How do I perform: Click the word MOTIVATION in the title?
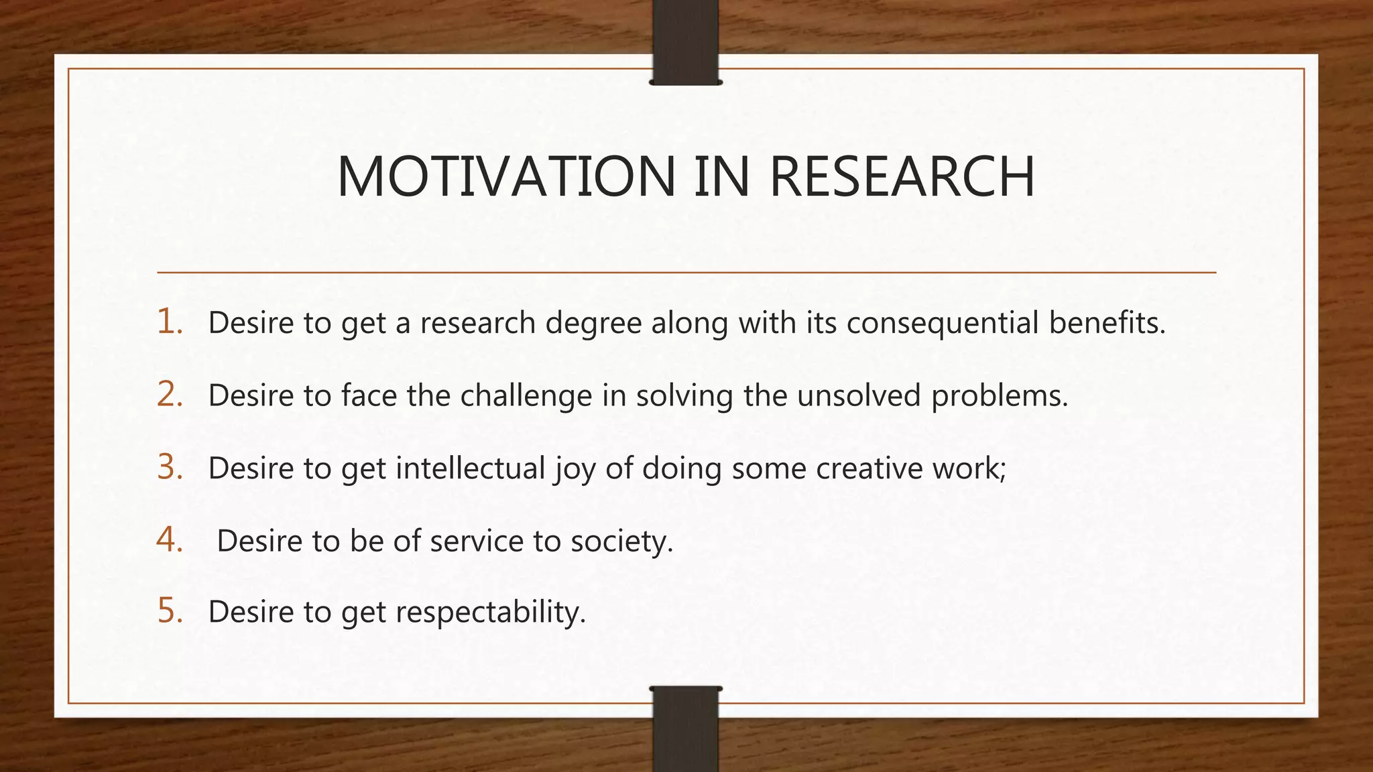point(505,177)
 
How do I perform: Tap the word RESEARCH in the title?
point(902,177)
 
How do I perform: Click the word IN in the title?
point(721,177)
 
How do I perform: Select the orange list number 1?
point(170,322)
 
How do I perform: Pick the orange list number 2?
point(170,394)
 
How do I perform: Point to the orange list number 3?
point(170,467)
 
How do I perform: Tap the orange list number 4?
point(170,539)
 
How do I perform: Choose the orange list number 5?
point(170,611)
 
